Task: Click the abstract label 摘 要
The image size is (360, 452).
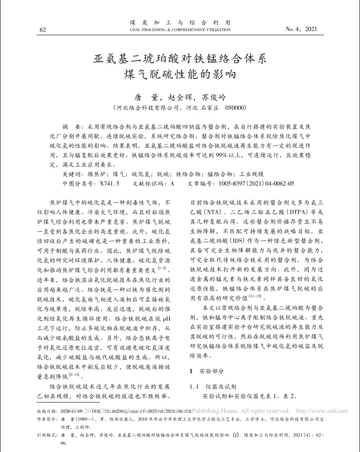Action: [73, 128]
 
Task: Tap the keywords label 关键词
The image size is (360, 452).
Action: [73, 174]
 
